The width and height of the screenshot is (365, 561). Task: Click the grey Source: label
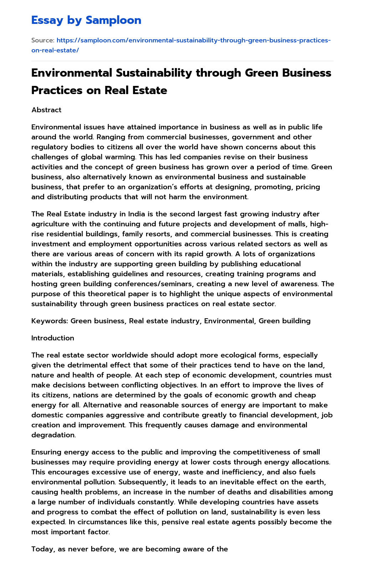tap(43, 40)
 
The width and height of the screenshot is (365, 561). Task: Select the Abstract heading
tap(46, 110)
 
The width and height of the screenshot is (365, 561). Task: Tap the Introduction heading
tap(53, 338)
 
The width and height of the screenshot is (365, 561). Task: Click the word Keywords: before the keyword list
tap(50, 321)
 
